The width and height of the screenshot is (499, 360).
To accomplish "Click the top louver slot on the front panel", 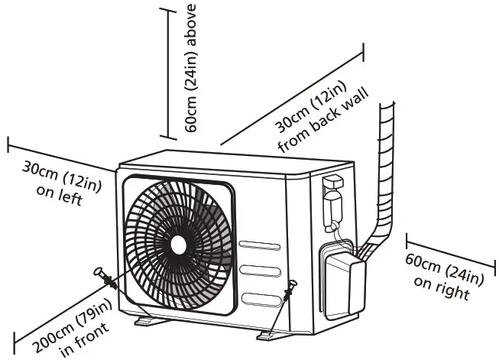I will [260, 246].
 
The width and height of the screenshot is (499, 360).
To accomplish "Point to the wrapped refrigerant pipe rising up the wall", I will [387, 168].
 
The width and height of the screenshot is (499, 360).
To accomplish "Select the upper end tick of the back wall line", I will [362, 52].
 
